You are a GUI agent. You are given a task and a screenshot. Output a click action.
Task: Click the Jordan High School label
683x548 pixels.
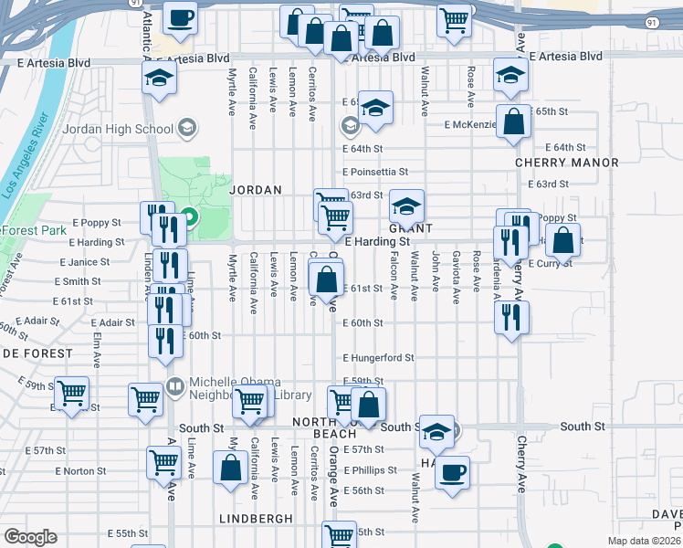117,129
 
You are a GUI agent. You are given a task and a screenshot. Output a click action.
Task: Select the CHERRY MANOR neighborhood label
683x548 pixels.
566,163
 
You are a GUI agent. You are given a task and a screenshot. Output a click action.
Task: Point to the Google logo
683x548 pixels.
30,537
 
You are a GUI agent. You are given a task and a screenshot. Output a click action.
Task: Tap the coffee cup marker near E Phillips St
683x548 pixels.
452,472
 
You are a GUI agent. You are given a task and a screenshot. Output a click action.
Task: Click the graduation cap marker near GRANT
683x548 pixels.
407,204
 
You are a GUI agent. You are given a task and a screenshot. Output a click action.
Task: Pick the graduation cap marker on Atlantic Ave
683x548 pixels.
159,77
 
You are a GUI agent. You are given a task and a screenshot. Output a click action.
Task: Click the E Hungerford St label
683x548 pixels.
378,358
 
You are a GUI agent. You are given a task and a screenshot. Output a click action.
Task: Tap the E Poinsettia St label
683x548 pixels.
375,171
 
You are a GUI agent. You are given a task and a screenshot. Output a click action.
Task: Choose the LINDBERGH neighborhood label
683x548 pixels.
256,519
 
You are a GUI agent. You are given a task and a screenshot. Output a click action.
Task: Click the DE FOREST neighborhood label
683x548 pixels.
37,353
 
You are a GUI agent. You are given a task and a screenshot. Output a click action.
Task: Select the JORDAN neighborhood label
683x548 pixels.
256,190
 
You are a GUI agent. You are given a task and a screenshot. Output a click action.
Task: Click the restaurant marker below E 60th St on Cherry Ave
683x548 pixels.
510,317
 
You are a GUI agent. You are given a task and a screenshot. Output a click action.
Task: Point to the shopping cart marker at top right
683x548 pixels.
454,19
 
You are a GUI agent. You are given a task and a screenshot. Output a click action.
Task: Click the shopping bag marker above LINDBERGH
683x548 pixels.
230,467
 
